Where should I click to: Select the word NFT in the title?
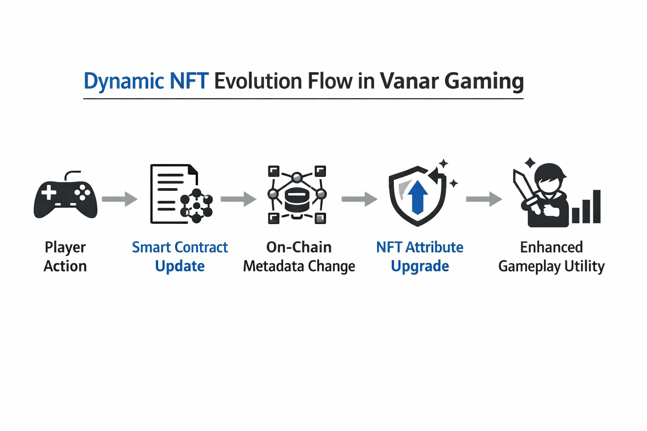point(189,81)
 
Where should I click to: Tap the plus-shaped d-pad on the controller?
point(48,192)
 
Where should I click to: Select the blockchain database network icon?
point(297,194)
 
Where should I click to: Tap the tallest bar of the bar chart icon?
point(597,206)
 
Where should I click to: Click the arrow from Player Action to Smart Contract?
point(120,199)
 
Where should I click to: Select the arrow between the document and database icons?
point(238,199)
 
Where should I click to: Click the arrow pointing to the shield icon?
point(359,199)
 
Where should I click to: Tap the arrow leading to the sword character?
point(484,199)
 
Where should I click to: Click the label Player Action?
point(65,257)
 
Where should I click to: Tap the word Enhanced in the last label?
point(551,247)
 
